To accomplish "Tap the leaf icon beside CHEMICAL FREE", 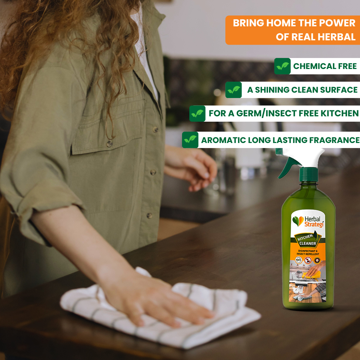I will click(282, 66).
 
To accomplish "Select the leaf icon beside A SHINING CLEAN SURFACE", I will click(233, 90).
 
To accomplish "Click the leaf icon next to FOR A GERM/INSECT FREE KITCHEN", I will click(197, 113).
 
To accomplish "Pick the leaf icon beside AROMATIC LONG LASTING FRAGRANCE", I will click(190, 140).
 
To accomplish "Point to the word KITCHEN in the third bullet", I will click(339, 113).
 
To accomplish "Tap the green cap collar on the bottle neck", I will click(308, 174).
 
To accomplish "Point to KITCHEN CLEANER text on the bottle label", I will click(305, 240).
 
